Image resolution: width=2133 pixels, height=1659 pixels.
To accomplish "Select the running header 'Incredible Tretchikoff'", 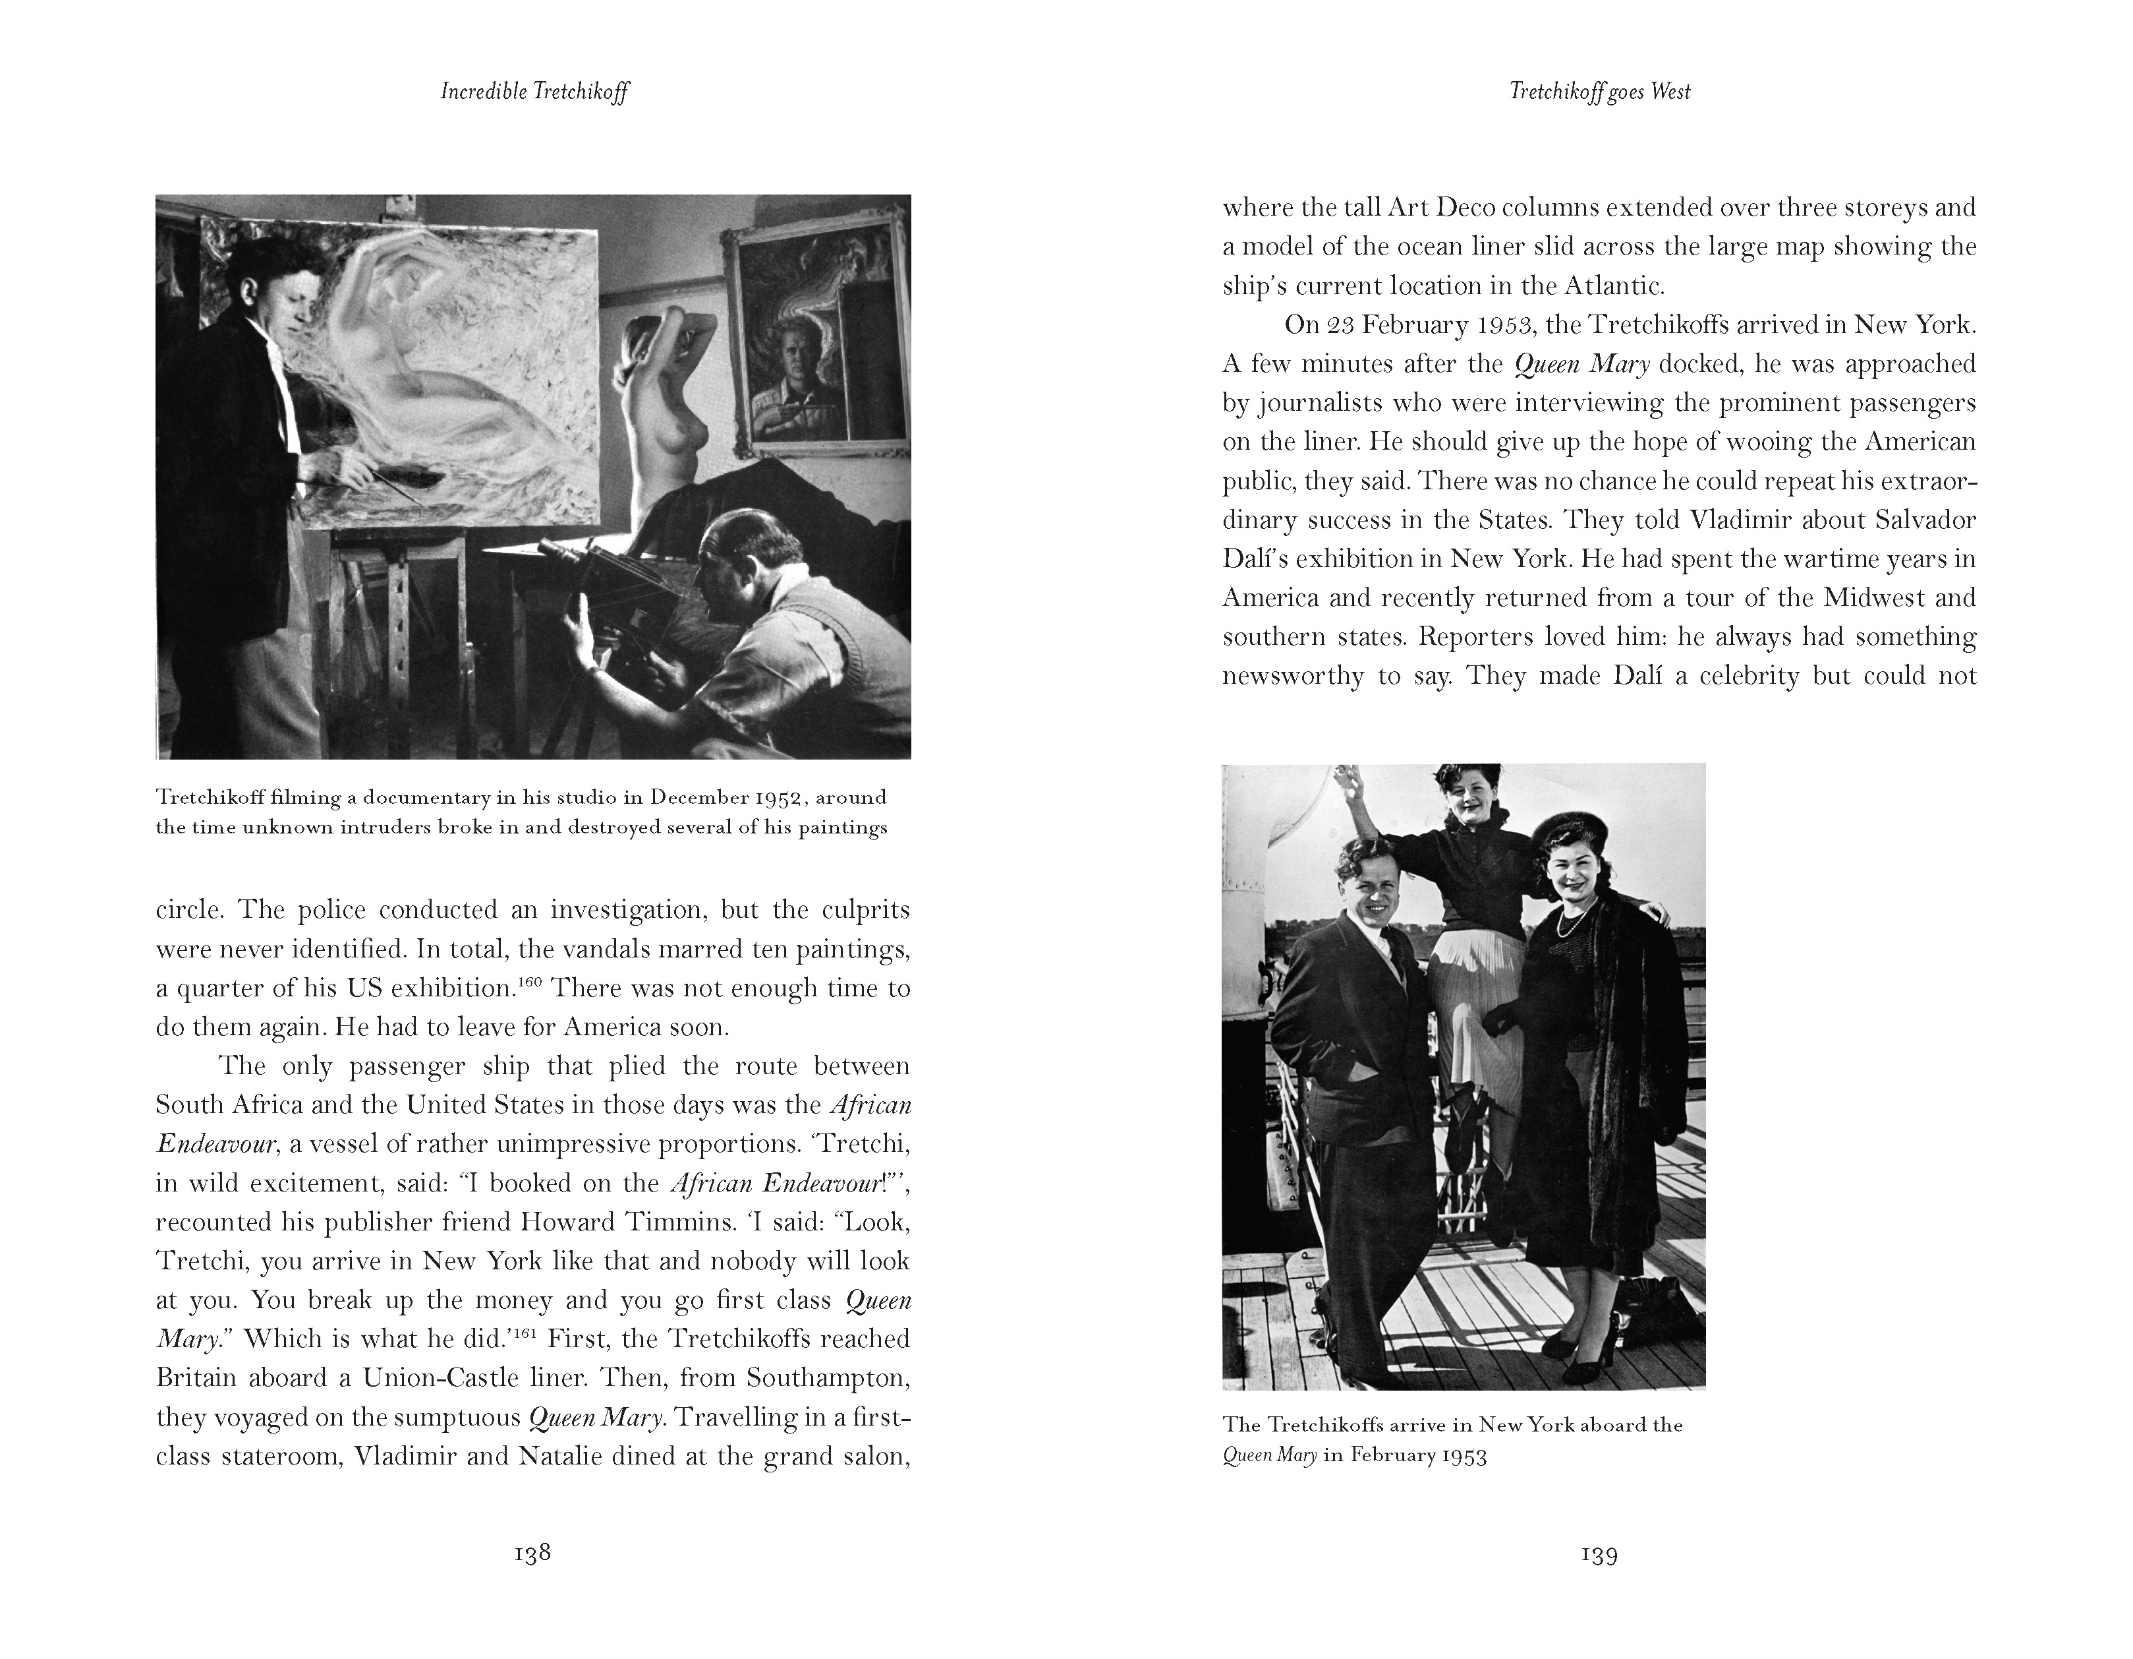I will [534, 92].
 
